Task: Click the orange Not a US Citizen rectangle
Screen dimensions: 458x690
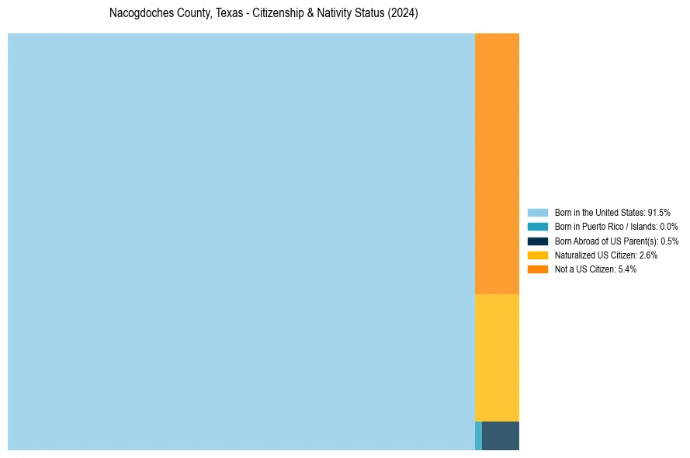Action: tap(497, 164)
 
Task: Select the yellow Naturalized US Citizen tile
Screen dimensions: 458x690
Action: tap(497, 358)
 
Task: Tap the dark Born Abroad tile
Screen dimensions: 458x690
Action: tap(501, 435)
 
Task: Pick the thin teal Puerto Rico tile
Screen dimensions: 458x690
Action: tap(478, 435)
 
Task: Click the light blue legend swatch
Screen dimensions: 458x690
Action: tap(538, 212)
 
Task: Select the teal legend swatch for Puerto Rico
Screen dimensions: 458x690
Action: tap(538, 227)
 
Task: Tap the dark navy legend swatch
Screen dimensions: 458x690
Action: tap(538, 241)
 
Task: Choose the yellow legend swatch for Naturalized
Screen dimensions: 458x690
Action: tap(538, 255)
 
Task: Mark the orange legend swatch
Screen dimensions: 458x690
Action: tap(538, 269)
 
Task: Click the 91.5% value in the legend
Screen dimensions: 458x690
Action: tap(659, 212)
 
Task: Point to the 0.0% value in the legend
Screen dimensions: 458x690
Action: tap(668, 227)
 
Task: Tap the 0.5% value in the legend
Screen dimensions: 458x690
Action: tap(669, 241)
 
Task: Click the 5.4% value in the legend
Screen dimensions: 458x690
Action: tap(627, 269)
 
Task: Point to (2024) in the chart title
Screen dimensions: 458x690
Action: tap(404, 14)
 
